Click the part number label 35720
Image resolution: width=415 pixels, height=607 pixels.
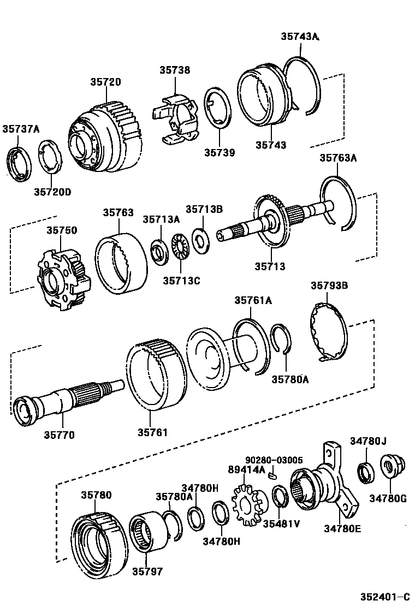click(105, 82)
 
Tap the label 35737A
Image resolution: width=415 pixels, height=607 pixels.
click(21, 129)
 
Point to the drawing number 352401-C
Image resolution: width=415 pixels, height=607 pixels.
click(384, 597)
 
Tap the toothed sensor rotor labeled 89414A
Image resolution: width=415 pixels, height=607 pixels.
click(248, 506)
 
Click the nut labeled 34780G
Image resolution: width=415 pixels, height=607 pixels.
click(390, 468)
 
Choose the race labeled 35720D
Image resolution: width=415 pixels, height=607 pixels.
click(50, 158)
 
